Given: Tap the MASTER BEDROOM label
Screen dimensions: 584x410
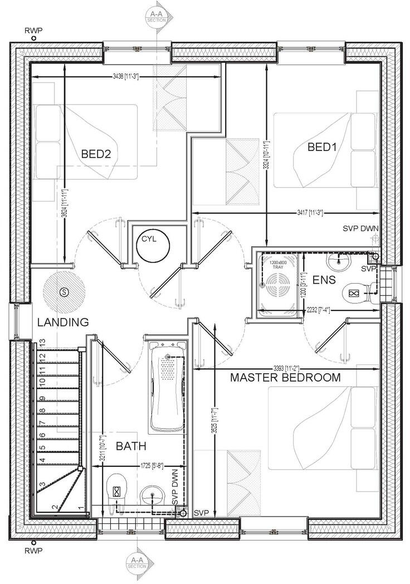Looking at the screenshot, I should coord(285,377).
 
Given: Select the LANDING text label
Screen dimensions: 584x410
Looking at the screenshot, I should coord(63,322).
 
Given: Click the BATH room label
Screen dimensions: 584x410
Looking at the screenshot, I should coord(131,446).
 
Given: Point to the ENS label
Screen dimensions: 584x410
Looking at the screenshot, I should coord(324,279).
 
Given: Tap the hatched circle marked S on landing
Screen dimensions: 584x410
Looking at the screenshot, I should coord(64,291).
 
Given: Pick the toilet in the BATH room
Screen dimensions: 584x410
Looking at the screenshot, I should coord(117,490).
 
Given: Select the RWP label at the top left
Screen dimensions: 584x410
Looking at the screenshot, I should coord(33,31).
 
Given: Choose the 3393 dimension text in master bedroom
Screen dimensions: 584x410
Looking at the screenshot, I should coord(285,368).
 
